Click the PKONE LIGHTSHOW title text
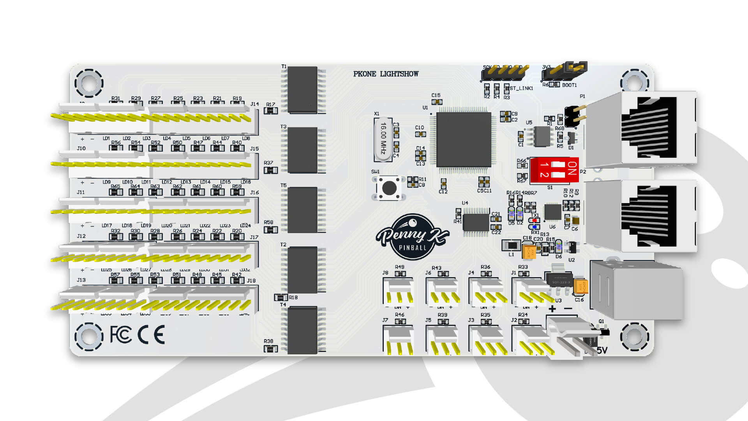pos(386,74)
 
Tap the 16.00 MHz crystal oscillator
pos(383,139)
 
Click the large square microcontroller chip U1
pos(464,140)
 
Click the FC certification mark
pos(121,335)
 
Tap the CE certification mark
pos(151,335)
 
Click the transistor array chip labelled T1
pos(302,90)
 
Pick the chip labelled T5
pos(302,210)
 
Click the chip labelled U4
pos(476,223)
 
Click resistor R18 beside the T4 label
pos(280,298)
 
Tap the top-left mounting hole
pos(89,83)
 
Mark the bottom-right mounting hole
pos(634,336)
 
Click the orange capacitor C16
pos(580,287)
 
